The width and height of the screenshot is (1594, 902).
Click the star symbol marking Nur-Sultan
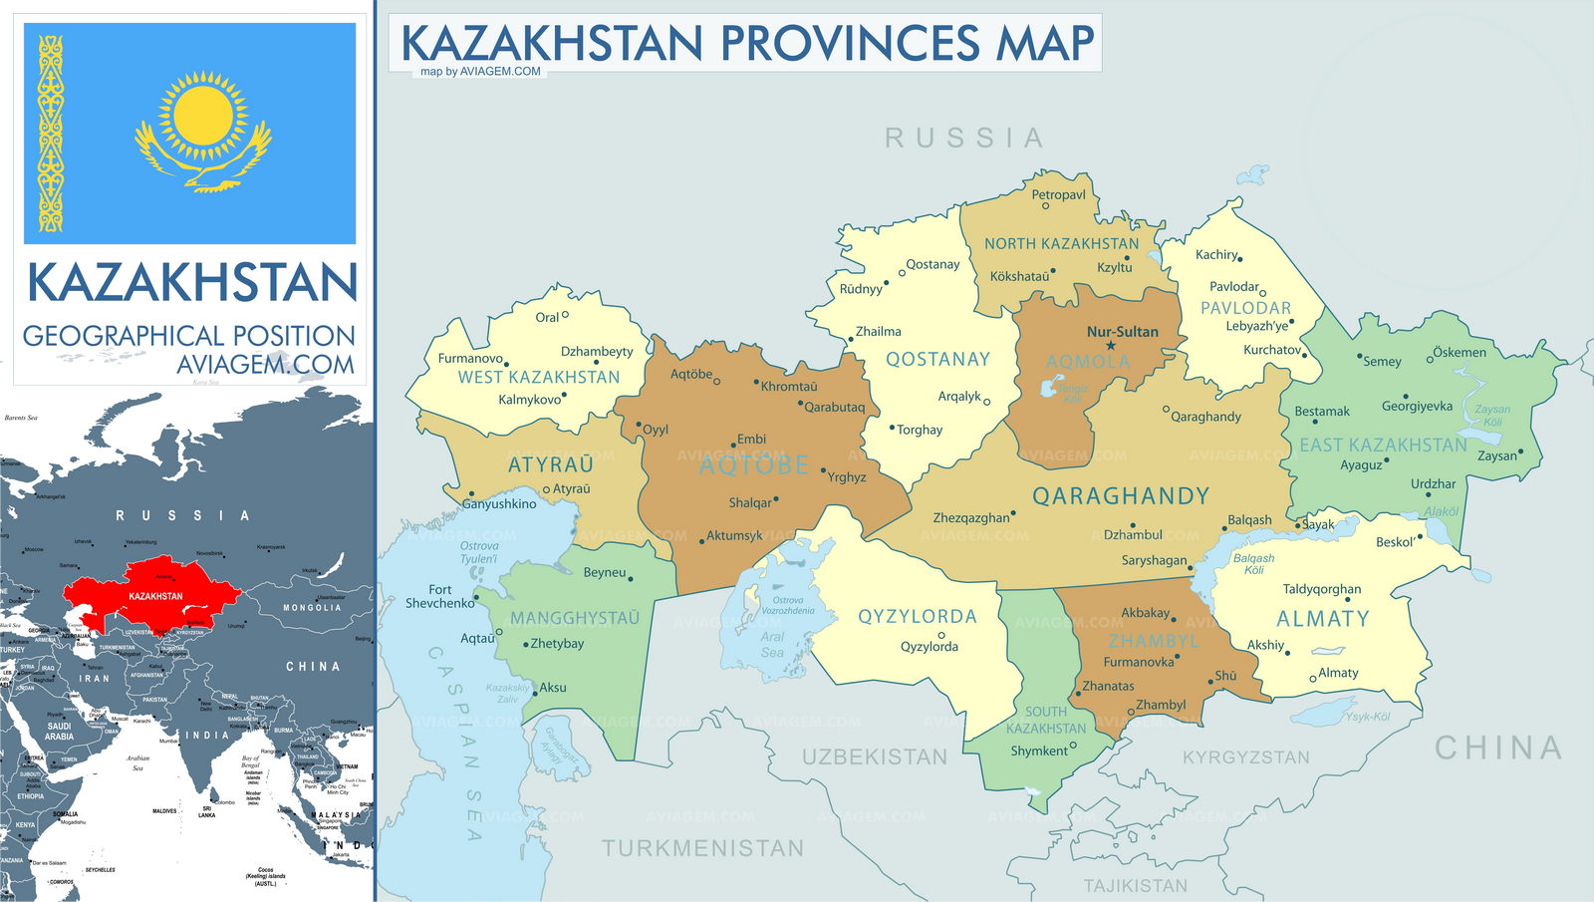pos(1111,346)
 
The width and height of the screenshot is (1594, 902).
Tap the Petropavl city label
pos(1058,194)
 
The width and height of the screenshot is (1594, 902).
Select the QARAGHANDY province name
pos(1120,496)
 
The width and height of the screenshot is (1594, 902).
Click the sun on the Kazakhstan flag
pos(203,119)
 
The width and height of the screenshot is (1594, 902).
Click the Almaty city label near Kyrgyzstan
pos(1338,673)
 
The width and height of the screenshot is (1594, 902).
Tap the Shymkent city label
pos(1039,751)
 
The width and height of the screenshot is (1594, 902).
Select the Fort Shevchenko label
pos(439,596)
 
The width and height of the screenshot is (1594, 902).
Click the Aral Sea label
pos(772,644)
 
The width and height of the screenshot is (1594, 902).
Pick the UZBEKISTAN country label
pos(875,757)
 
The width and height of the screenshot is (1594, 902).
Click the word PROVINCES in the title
pos(850,44)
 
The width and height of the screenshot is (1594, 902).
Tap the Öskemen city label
pos(1460,352)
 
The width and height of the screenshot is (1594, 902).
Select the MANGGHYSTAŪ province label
pos(575,618)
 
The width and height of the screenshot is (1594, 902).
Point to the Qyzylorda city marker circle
pos(940,635)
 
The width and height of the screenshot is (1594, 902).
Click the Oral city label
pos(547,317)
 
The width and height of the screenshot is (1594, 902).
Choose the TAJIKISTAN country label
pos(1135,885)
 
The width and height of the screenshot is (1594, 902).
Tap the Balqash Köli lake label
pos(1253,564)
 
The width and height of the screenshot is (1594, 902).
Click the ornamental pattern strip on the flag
pos(51,134)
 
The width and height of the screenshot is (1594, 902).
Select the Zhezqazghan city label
pos(971,518)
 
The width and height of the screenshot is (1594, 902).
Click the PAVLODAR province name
pos(1245,308)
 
